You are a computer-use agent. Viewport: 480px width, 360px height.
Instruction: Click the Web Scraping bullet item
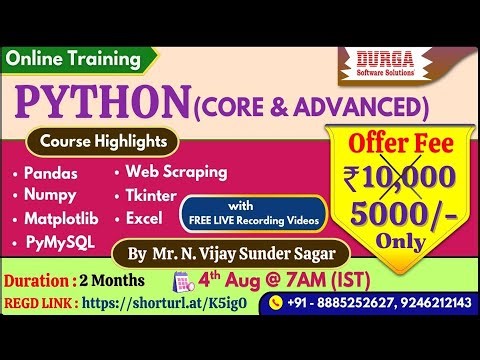[175, 172]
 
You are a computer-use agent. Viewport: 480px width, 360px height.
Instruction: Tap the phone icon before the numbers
[277, 302]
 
